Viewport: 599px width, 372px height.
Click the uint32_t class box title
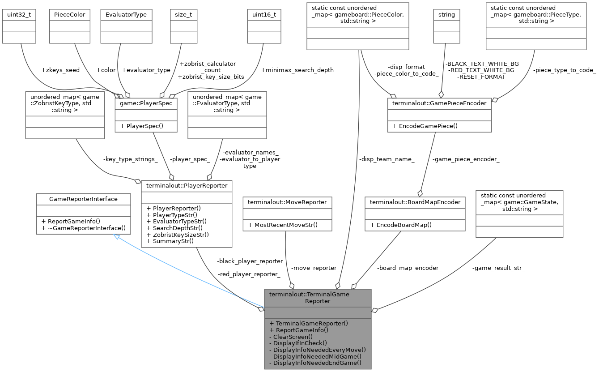(19, 14)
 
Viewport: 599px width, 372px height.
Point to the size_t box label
(180, 14)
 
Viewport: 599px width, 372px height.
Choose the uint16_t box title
(264, 14)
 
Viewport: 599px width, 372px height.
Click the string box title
(446, 14)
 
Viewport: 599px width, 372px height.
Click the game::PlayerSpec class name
(146, 103)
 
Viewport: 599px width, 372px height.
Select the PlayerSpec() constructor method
(141, 126)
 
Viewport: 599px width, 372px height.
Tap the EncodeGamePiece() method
(425, 126)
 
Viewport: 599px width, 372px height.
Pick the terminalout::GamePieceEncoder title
(439, 103)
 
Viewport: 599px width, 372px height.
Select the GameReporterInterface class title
(83, 199)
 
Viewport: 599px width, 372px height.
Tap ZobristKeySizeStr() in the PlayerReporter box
(178, 234)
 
